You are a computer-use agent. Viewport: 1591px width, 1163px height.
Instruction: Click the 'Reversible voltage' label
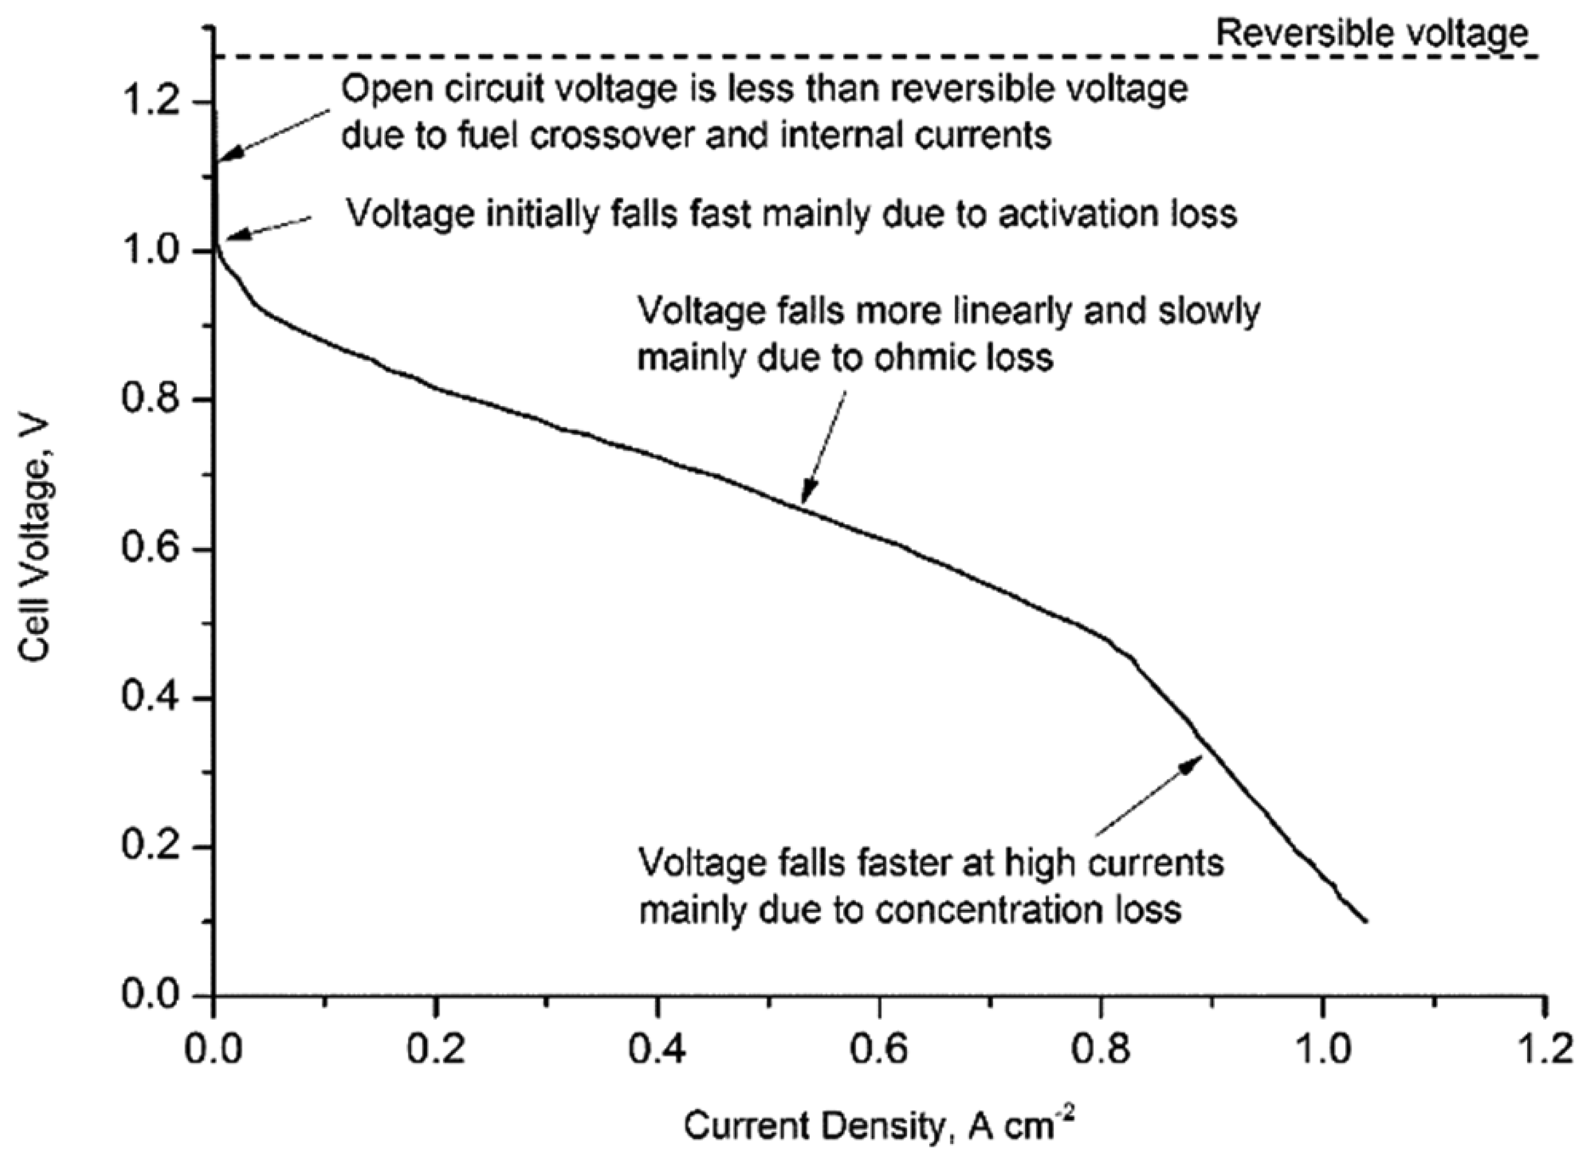coord(1372,32)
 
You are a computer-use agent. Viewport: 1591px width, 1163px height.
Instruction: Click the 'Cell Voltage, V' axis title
coord(35,540)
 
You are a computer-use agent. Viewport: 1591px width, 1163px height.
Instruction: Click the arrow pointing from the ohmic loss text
coord(824,451)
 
